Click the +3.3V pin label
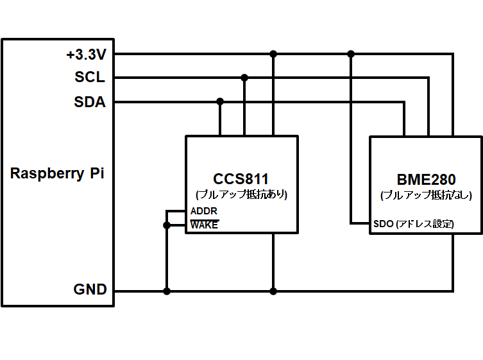pyautogui.click(x=86, y=55)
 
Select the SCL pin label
pyautogui.click(x=90, y=77)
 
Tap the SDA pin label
pyautogui.click(x=90, y=102)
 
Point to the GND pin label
pyautogui.click(x=90, y=289)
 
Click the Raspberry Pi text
pyautogui.click(x=57, y=173)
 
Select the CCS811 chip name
pyautogui.click(x=241, y=179)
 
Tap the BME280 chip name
pyautogui.click(x=426, y=180)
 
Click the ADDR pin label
pyautogui.click(x=203, y=211)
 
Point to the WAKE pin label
pyautogui.click(x=204, y=225)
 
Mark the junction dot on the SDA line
pyautogui.click(x=220, y=101)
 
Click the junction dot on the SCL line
pyautogui.click(x=244, y=78)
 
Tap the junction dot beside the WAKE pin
pyautogui.click(x=167, y=225)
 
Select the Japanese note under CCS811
pyautogui.click(x=241, y=194)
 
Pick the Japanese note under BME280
pyautogui.click(x=426, y=195)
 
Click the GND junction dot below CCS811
pyautogui.click(x=273, y=291)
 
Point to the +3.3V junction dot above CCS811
pyautogui.click(x=273, y=54)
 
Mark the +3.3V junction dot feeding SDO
pyautogui.click(x=351, y=54)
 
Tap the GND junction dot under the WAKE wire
pyautogui.click(x=167, y=291)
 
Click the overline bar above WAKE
pyautogui.click(x=205, y=220)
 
